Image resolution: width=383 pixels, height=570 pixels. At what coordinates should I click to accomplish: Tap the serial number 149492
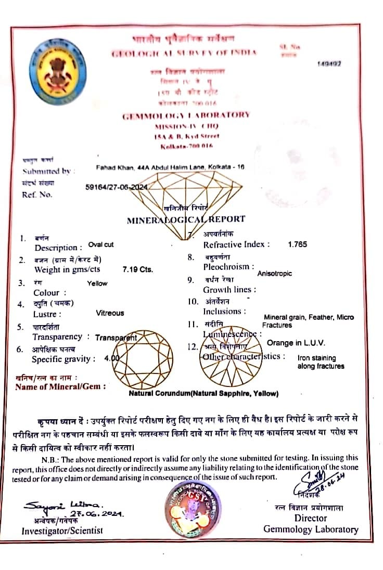point(328,63)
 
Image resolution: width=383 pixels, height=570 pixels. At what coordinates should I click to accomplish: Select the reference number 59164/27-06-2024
point(117,188)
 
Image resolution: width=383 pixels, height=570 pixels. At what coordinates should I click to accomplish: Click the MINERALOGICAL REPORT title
point(186,219)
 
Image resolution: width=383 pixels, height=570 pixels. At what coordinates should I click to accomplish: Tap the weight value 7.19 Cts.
point(137,269)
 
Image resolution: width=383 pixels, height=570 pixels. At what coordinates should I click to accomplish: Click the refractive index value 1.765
point(297,244)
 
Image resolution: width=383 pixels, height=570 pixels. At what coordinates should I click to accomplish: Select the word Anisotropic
point(275,273)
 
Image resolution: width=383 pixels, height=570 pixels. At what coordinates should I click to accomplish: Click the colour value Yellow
point(97,283)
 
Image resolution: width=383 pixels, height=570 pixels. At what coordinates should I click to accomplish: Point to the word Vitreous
point(110,313)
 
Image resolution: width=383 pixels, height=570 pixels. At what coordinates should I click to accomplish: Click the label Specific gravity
point(63,359)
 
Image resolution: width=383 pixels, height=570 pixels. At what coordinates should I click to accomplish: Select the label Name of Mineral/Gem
point(61,386)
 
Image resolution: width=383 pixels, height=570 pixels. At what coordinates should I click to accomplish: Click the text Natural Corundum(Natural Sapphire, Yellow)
point(203,394)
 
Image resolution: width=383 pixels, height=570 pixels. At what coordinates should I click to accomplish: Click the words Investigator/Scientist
point(62,530)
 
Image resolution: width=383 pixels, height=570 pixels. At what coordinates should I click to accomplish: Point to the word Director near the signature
point(311,518)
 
